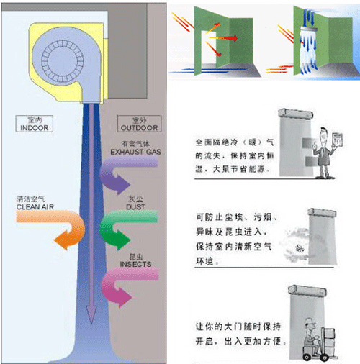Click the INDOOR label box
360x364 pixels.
(35, 124)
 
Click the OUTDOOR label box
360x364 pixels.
(139, 124)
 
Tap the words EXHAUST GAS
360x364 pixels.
(135, 152)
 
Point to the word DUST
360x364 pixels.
(135, 206)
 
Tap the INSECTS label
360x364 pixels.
(135, 264)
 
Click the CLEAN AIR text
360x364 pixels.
(35, 206)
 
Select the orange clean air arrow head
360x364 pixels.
(63, 240)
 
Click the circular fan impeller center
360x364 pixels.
(63, 60)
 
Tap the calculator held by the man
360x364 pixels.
(337, 139)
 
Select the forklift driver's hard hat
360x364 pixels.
(309, 321)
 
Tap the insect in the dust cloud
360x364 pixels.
(299, 249)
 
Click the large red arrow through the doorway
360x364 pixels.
(224, 38)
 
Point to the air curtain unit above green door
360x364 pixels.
(309, 29)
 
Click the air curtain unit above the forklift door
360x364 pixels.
(307, 290)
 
